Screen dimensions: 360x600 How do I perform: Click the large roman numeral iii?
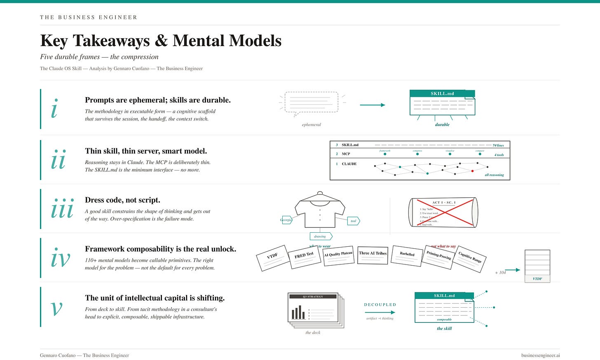62,210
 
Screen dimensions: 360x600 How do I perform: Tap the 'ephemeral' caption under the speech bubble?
311,125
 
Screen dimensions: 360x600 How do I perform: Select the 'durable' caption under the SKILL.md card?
442,125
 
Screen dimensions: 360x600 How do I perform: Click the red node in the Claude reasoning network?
472,171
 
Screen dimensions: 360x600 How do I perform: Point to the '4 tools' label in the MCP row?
499,155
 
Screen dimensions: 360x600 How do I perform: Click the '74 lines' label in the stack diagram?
498,145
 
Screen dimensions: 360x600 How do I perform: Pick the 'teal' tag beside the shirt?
354,221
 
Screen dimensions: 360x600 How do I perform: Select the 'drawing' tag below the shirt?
320,236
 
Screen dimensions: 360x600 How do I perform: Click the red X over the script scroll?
443,213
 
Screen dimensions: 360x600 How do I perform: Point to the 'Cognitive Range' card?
470,258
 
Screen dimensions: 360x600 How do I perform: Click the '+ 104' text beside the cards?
500,273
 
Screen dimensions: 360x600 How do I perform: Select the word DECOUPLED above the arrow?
380,305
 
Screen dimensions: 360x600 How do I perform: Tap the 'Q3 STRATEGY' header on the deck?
313,297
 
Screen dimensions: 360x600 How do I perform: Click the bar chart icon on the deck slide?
298,313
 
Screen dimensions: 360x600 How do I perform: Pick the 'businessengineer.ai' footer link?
540,355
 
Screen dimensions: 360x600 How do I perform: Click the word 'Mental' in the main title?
199,41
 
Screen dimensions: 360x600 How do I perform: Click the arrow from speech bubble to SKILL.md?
372,105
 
